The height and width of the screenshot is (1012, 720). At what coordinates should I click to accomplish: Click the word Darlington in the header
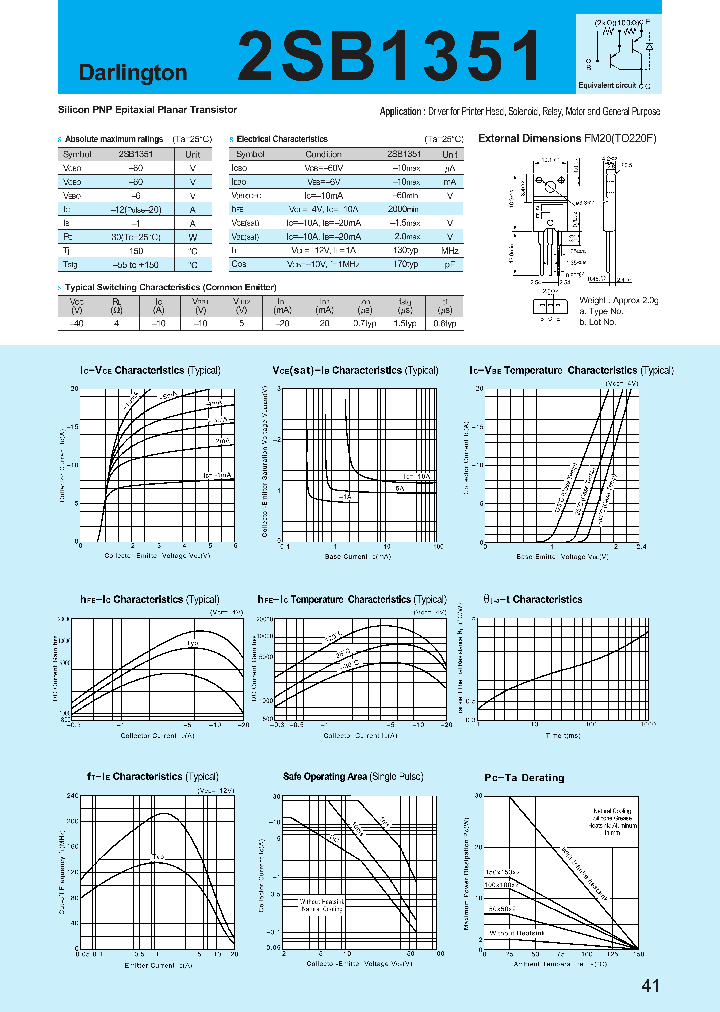(133, 73)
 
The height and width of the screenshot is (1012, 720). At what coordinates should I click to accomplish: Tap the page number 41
(650, 986)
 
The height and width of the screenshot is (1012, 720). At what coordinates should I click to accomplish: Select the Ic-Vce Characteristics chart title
(150, 370)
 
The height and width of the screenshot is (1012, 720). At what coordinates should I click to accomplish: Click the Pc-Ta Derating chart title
(524, 777)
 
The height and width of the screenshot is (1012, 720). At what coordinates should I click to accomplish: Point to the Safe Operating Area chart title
(352, 777)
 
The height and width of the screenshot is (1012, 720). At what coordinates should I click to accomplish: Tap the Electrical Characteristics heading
(282, 139)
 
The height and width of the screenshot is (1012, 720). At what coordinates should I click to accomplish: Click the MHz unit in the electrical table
(451, 251)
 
